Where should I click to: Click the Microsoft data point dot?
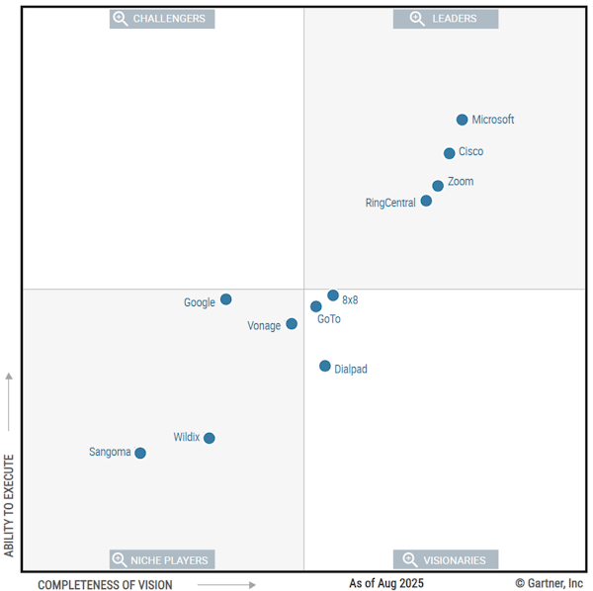point(462,120)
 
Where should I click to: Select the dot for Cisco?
point(450,153)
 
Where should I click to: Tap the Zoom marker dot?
point(438,186)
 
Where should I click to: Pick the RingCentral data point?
point(426,201)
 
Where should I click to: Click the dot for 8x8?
point(333,295)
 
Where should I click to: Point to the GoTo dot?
point(316,306)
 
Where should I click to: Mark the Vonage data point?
point(292,324)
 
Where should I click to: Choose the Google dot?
point(226,299)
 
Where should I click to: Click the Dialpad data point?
point(325,366)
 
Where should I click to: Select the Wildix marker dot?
point(210,438)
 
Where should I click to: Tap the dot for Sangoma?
point(140,453)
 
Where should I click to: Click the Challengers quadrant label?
point(162,19)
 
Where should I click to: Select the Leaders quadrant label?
point(446,19)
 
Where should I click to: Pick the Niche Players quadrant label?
point(162,560)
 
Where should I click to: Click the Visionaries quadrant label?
point(446,560)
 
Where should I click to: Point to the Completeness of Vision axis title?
point(105,585)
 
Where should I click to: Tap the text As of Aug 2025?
point(386,584)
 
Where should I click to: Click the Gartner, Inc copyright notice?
point(550,584)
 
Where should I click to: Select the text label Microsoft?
point(493,120)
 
